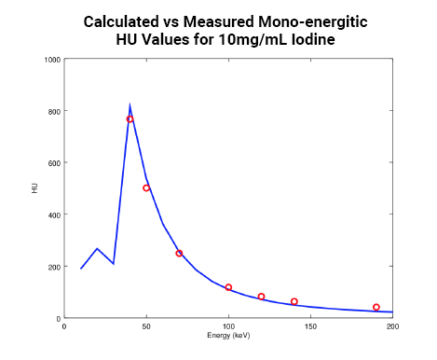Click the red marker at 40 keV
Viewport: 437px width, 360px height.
tap(130, 119)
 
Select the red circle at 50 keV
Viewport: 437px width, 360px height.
tap(146, 187)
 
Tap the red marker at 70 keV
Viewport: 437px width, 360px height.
tap(179, 254)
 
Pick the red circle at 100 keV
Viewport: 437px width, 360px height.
tap(228, 287)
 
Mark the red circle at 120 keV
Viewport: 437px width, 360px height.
tap(261, 297)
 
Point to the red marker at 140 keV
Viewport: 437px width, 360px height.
tap(294, 301)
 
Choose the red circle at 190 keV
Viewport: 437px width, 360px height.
tap(376, 307)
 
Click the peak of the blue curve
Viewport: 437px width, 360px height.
tap(130, 105)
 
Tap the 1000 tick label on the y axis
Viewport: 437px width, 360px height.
tap(52, 60)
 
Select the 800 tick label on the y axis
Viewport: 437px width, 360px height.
tap(54, 111)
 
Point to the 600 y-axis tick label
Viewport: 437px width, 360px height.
tap(54, 163)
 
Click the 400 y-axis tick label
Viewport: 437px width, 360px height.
tap(54, 215)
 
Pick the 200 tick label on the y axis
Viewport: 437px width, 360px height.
tap(54, 267)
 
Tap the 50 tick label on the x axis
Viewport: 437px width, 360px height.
tap(146, 326)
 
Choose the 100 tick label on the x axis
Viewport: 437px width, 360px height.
tap(228, 326)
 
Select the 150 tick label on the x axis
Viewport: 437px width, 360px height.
tap(310, 326)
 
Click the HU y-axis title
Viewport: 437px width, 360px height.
tap(34, 189)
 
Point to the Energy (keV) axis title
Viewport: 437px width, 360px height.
tap(228, 335)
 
